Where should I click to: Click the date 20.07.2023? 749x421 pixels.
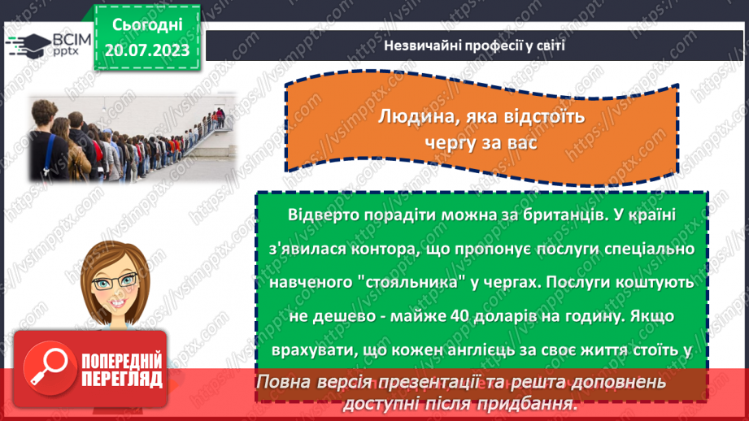pos(146,50)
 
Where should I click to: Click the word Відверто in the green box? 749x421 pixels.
pos(318,214)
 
